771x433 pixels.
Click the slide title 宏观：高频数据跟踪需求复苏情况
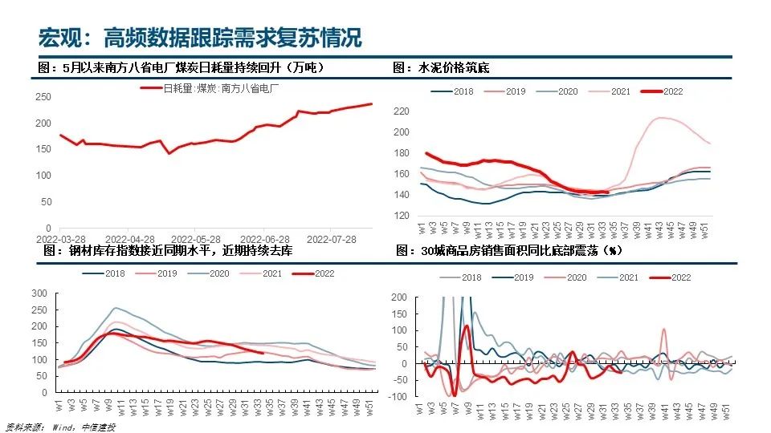click(x=201, y=37)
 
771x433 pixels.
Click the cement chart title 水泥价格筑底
click(x=441, y=68)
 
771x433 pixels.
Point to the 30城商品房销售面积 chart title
click(x=509, y=251)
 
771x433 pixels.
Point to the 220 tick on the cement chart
click(x=402, y=111)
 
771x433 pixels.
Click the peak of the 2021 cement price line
click(x=661, y=118)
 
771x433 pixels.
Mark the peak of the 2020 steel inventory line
click(x=117, y=308)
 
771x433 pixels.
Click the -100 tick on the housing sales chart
click(x=398, y=396)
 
